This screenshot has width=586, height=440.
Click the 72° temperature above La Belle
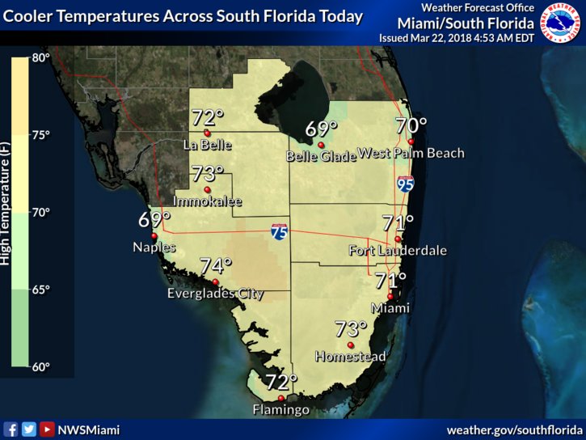point(207,118)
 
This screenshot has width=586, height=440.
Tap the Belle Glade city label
point(321,157)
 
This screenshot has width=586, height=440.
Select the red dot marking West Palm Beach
point(411,142)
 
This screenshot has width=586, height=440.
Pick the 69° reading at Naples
point(154,220)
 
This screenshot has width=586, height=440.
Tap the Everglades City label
point(215,294)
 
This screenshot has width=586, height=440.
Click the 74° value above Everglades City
point(216,266)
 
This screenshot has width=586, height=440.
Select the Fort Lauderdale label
point(398,251)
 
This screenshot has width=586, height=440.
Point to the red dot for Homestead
point(351,345)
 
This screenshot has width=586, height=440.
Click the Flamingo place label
point(280,411)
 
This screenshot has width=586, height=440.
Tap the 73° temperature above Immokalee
point(207,174)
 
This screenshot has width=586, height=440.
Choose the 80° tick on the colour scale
point(40,58)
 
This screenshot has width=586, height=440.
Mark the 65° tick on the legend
point(40,290)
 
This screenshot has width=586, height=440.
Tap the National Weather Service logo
point(560,23)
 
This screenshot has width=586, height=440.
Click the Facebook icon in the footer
point(11,429)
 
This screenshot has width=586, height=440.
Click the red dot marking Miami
point(390,296)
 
